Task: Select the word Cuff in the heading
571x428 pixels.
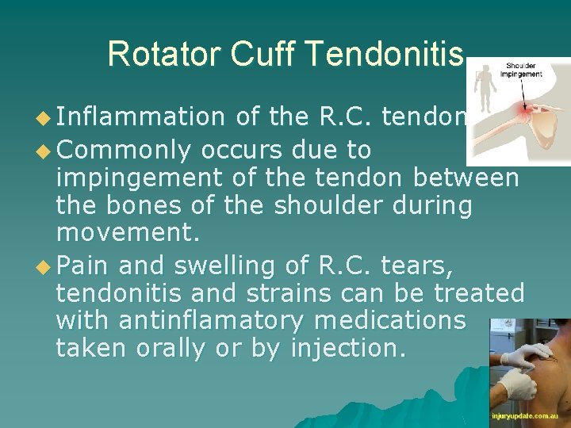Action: (x=259, y=53)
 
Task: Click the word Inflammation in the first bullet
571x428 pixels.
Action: (x=141, y=117)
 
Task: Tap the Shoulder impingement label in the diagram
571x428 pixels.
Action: (x=520, y=70)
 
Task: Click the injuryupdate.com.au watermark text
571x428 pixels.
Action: (x=530, y=415)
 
